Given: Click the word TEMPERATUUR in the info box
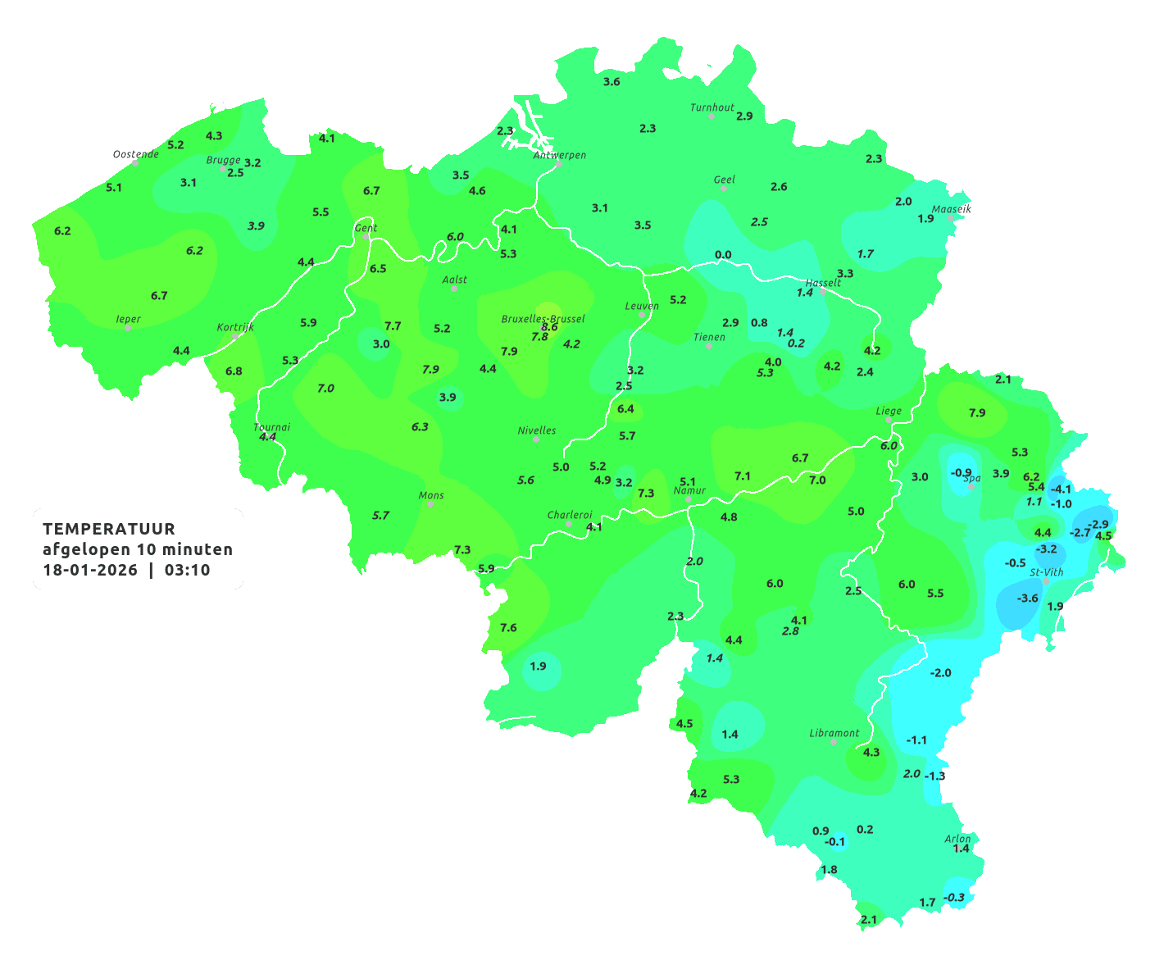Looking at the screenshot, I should pyautogui.click(x=109, y=529).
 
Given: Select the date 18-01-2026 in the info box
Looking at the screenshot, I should pyautogui.click(x=90, y=570).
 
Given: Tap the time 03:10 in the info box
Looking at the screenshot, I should pyautogui.click(x=187, y=570).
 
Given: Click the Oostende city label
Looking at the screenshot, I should pyautogui.click(x=135, y=154).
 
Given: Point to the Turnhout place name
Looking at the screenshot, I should pyautogui.click(x=712, y=107).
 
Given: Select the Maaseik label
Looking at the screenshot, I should pyautogui.click(x=951, y=209).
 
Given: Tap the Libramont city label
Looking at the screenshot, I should pyautogui.click(x=834, y=733).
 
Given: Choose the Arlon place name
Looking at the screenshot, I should pyautogui.click(x=957, y=839).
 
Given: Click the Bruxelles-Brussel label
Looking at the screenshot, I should pyautogui.click(x=543, y=318).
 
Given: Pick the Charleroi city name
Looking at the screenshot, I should pyautogui.click(x=569, y=515).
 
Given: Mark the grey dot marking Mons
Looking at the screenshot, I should pyautogui.click(x=430, y=504).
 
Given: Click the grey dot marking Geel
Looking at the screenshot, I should pyautogui.click(x=724, y=189).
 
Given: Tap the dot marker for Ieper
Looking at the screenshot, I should pyautogui.click(x=128, y=328).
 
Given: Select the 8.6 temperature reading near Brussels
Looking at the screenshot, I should pyautogui.click(x=549, y=327).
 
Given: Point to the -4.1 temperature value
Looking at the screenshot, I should pyautogui.click(x=1061, y=489).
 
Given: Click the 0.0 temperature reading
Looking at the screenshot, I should pyautogui.click(x=723, y=255).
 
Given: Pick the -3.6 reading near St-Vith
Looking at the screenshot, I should pyautogui.click(x=1027, y=599).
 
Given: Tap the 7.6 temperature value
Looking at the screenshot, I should pyautogui.click(x=508, y=628).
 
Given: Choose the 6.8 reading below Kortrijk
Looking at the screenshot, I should pyautogui.click(x=234, y=371).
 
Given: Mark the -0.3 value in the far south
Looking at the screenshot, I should pyautogui.click(x=955, y=898).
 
